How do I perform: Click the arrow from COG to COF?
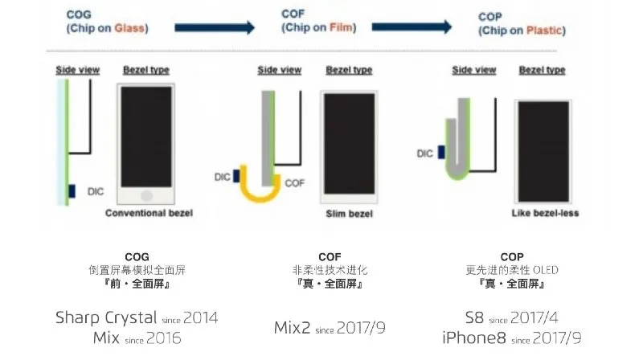pyautogui.click(x=215, y=27)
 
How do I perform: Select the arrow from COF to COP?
pyautogui.click(x=412, y=27)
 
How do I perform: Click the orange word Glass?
pyautogui.click(x=129, y=28)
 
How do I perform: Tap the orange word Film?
pyautogui.click(x=341, y=27)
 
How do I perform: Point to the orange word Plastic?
pyautogui.click(x=544, y=31)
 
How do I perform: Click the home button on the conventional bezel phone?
pyautogui.click(x=146, y=195)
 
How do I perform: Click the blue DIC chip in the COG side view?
pyautogui.click(x=72, y=191)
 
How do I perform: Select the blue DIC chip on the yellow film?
pyautogui.click(x=236, y=176)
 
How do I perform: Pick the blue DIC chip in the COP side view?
pyautogui.click(x=441, y=152)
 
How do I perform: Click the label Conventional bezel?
pyautogui.click(x=149, y=213)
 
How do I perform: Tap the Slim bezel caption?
pyautogui.click(x=350, y=214)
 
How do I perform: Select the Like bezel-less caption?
pyautogui.click(x=545, y=213)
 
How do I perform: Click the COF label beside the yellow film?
pyautogui.click(x=294, y=183)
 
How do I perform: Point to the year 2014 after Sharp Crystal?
pyautogui.click(x=200, y=317)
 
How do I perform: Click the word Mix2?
pyautogui.click(x=292, y=328)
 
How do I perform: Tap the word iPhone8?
pyautogui.click(x=474, y=337)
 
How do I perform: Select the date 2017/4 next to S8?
pyautogui.click(x=534, y=317)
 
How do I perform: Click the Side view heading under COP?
pyautogui.click(x=474, y=71)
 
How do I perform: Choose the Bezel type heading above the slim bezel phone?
pyautogui.click(x=349, y=71)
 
